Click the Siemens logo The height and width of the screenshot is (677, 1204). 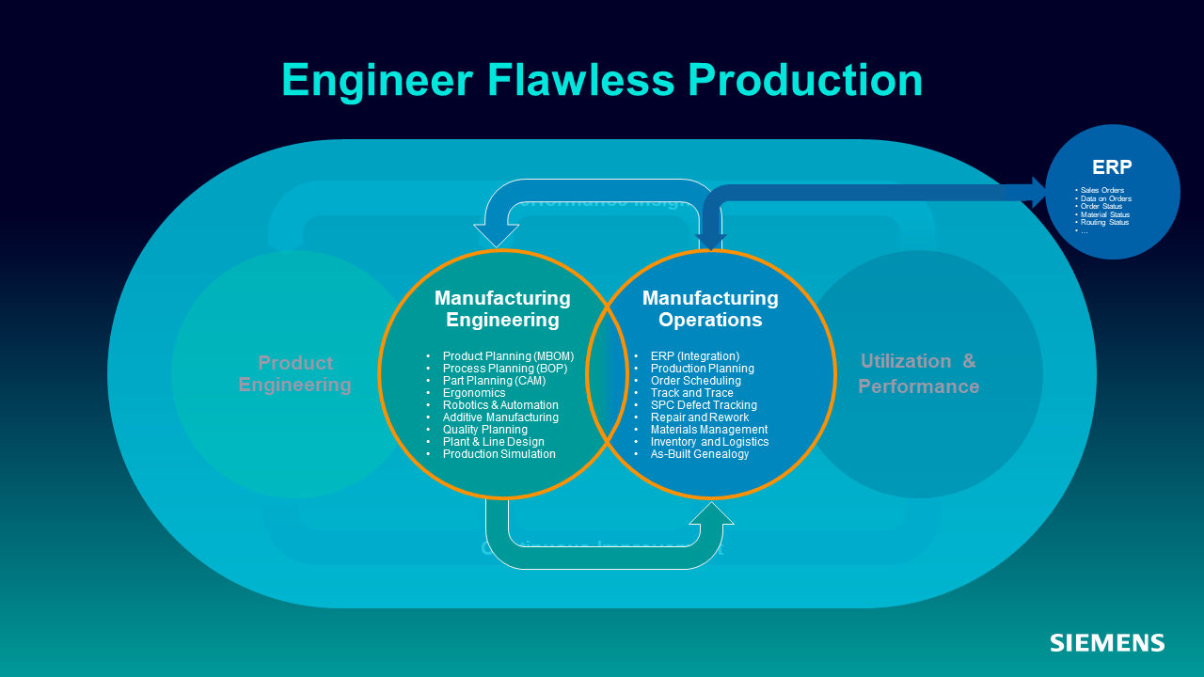[1107, 643]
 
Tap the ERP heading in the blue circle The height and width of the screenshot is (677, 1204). [1112, 167]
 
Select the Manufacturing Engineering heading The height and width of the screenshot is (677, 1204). [502, 309]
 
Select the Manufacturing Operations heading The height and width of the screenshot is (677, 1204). [710, 309]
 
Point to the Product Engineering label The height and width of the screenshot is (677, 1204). [294, 373]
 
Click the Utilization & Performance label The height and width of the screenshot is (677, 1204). [918, 373]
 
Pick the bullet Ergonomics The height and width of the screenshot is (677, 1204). [474, 393]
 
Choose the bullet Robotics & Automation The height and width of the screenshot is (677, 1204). [500, 405]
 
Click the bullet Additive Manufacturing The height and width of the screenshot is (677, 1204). [500, 417]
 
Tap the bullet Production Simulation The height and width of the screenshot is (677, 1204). [499, 454]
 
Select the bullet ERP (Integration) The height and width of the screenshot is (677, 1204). [695, 356]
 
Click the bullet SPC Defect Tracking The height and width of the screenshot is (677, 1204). [704, 405]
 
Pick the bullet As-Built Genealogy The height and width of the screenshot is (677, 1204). [700, 454]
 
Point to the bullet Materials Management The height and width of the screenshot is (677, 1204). [709, 430]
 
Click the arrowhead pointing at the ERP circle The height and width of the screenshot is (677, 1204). [1038, 192]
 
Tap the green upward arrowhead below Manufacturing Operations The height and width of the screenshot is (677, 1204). [712, 514]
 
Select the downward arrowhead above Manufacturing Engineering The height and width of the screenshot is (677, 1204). [496, 235]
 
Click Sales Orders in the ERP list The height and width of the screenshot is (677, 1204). [1101, 191]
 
